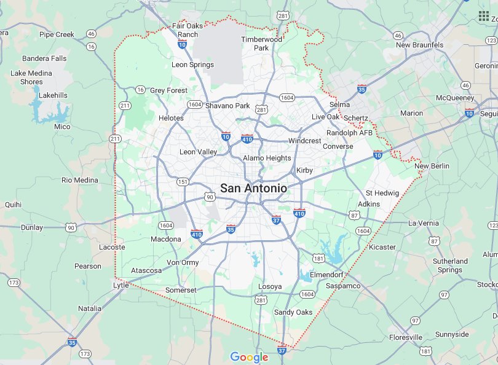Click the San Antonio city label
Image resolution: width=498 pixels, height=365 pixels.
253,188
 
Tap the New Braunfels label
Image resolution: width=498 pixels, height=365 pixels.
420,45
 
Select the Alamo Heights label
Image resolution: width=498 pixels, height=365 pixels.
267,158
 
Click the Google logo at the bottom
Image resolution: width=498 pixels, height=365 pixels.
249,357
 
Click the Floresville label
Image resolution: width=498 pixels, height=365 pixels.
405,337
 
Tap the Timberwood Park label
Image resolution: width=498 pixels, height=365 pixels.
262,43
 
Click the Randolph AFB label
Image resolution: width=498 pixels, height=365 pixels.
349,133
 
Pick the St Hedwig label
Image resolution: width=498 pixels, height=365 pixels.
382,193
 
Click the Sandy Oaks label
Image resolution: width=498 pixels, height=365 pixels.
293,312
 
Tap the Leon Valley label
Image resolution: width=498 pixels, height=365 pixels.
198,152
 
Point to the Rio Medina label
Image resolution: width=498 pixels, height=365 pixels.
80,180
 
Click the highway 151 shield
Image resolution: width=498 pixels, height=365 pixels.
183,181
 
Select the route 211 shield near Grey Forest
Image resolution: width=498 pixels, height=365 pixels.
125,106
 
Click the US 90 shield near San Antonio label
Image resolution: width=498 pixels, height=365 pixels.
210,197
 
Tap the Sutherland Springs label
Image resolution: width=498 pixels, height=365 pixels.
450,265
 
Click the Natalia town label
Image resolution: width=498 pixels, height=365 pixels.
90,308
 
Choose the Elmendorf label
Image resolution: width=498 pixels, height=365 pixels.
326,274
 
